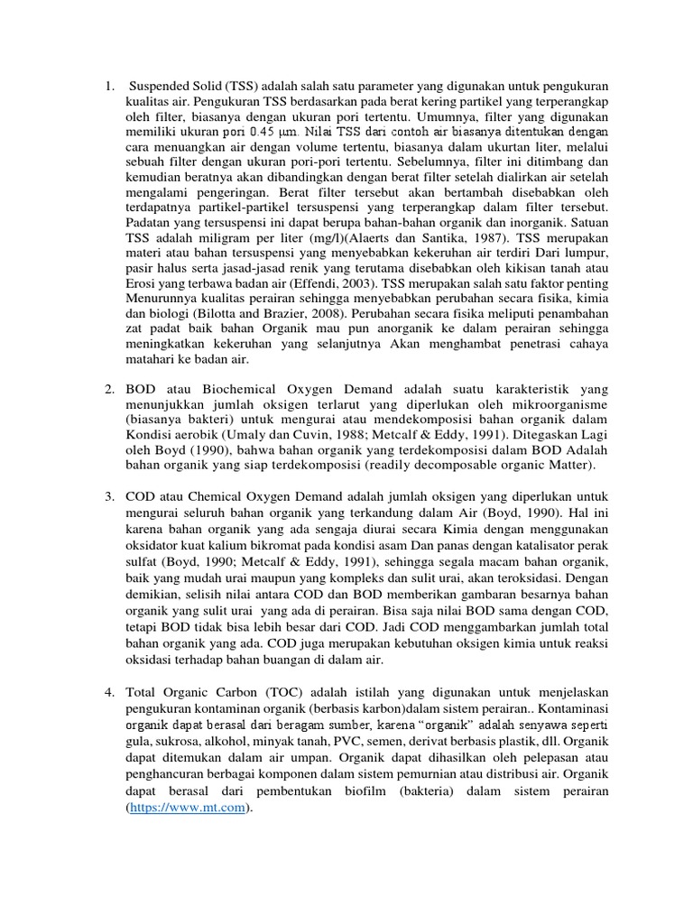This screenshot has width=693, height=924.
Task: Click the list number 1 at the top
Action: pyautogui.click(x=107, y=88)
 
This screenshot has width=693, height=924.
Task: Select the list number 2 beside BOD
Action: pyautogui.click(x=107, y=389)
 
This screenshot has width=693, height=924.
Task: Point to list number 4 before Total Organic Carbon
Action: pyautogui.click(x=107, y=692)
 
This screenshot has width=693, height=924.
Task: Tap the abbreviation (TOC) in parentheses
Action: pyautogui.click(x=275, y=692)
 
